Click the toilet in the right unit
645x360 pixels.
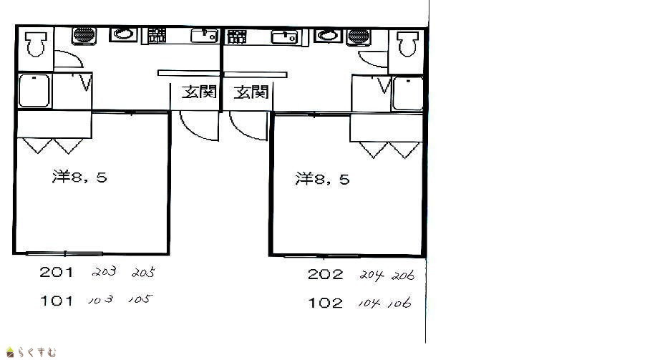click(x=407, y=44)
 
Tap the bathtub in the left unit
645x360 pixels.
click(x=34, y=90)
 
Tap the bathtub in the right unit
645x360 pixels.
click(x=407, y=93)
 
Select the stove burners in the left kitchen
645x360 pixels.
click(x=157, y=35)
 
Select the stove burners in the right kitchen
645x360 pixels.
click(x=236, y=37)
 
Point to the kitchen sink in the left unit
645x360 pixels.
click(x=204, y=35)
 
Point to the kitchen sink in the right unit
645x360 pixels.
click(x=284, y=37)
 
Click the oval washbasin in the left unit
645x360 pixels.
click(x=123, y=34)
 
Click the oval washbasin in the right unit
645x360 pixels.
click(x=328, y=35)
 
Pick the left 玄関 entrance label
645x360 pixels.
click(x=199, y=92)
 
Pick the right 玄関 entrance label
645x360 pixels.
click(x=251, y=92)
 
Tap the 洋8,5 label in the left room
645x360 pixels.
click(x=79, y=177)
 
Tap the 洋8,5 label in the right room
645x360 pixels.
click(x=322, y=179)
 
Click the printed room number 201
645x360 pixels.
click(x=57, y=272)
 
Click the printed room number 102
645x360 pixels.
click(x=326, y=303)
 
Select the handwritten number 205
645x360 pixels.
click(x=143, y=273)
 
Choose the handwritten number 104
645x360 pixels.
click(x=369, y=303)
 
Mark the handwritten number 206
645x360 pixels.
click(x=403, y=276)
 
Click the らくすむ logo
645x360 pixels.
click(x=31, y=352)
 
